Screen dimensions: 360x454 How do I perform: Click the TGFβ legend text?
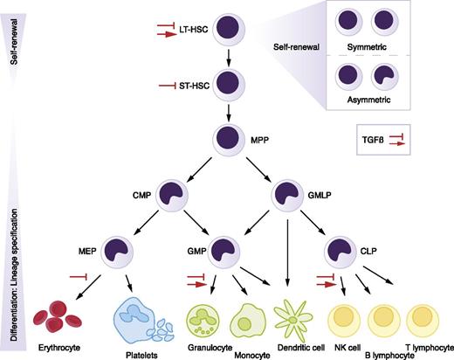(x=373, y=137)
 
